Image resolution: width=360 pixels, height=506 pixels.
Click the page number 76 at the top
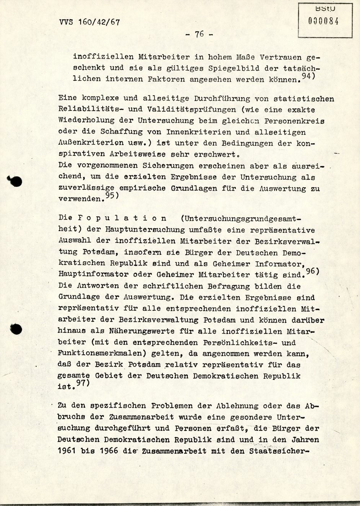(x=199, y=34)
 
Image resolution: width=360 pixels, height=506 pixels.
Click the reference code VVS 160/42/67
(x=89, y=22)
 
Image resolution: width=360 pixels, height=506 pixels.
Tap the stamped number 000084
(x=323, y=21)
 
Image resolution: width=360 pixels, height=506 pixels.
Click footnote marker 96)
(x=312, y=272)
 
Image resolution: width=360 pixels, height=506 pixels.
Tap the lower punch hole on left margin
(x=16, y=329)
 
